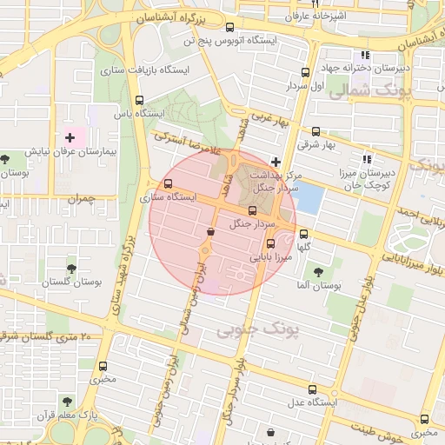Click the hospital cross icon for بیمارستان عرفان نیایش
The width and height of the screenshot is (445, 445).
tap(70, 138)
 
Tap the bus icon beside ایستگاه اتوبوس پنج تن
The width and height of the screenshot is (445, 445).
tap(229, 27)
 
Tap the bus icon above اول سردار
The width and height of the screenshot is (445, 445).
tap(305, 73)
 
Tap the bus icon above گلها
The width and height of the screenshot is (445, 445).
tap(303, 234)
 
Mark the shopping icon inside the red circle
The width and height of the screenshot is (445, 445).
tap(211, 231)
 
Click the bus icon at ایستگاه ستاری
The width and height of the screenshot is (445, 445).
tap(168, 184)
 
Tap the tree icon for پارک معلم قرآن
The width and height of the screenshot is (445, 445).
tap(67, 401)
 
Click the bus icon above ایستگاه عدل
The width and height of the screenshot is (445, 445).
tap(312, 389)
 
